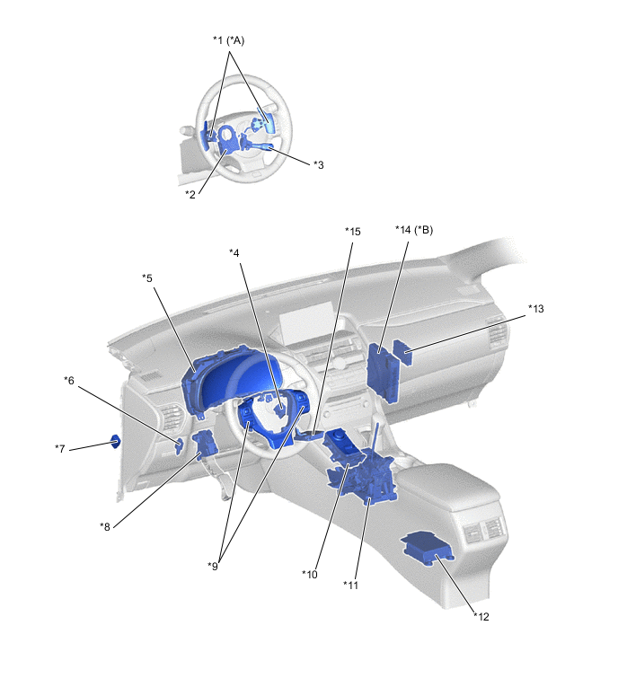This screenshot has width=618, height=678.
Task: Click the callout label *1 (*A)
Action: (x=228, y=40)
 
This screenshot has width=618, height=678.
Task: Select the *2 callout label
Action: (x=190, y=195)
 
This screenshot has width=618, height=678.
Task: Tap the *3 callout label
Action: (x=318, y=164)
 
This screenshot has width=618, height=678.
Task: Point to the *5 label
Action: (x=147, y=278)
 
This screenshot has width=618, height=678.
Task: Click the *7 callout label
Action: (x=59, y=449)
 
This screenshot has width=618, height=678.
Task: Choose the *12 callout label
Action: (x=481, y=617)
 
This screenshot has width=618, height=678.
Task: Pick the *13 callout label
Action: (x=536, y=309)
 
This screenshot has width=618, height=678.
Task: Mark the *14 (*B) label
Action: (x=414, y=230)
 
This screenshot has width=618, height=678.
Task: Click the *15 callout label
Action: (x=352, y=232)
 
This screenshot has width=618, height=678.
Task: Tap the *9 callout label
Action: (x=213, y=566)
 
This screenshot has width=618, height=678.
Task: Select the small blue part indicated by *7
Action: (x=116, y=442)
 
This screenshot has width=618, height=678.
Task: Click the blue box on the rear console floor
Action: (x=428, y=549)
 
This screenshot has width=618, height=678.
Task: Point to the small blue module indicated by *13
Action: (x=402, y=352)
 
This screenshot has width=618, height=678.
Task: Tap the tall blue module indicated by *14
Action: (x=384, y=373)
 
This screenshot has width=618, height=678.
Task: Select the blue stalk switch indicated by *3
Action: (x=261, y=146)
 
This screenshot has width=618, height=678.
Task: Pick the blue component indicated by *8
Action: (x=206, y=445)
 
